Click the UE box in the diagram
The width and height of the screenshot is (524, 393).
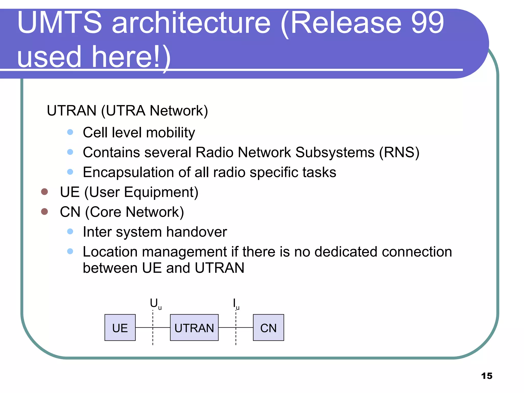[120, 327]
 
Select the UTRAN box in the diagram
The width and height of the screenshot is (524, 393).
[194, 327]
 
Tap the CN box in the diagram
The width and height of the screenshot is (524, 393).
[268, 327]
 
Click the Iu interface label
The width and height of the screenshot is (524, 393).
[236, 304]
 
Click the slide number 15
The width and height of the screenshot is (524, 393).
[487, 376]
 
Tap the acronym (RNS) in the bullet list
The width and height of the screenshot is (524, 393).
[399, 152]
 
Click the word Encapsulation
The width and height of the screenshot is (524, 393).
[128, 172]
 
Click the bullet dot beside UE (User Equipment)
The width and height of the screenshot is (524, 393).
[45, 192]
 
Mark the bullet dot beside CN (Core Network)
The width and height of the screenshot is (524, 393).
[45, 212]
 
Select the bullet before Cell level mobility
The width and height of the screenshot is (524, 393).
[70, 132]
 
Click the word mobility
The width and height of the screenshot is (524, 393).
[170, 133]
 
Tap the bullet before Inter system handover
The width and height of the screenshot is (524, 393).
[70, 232]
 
